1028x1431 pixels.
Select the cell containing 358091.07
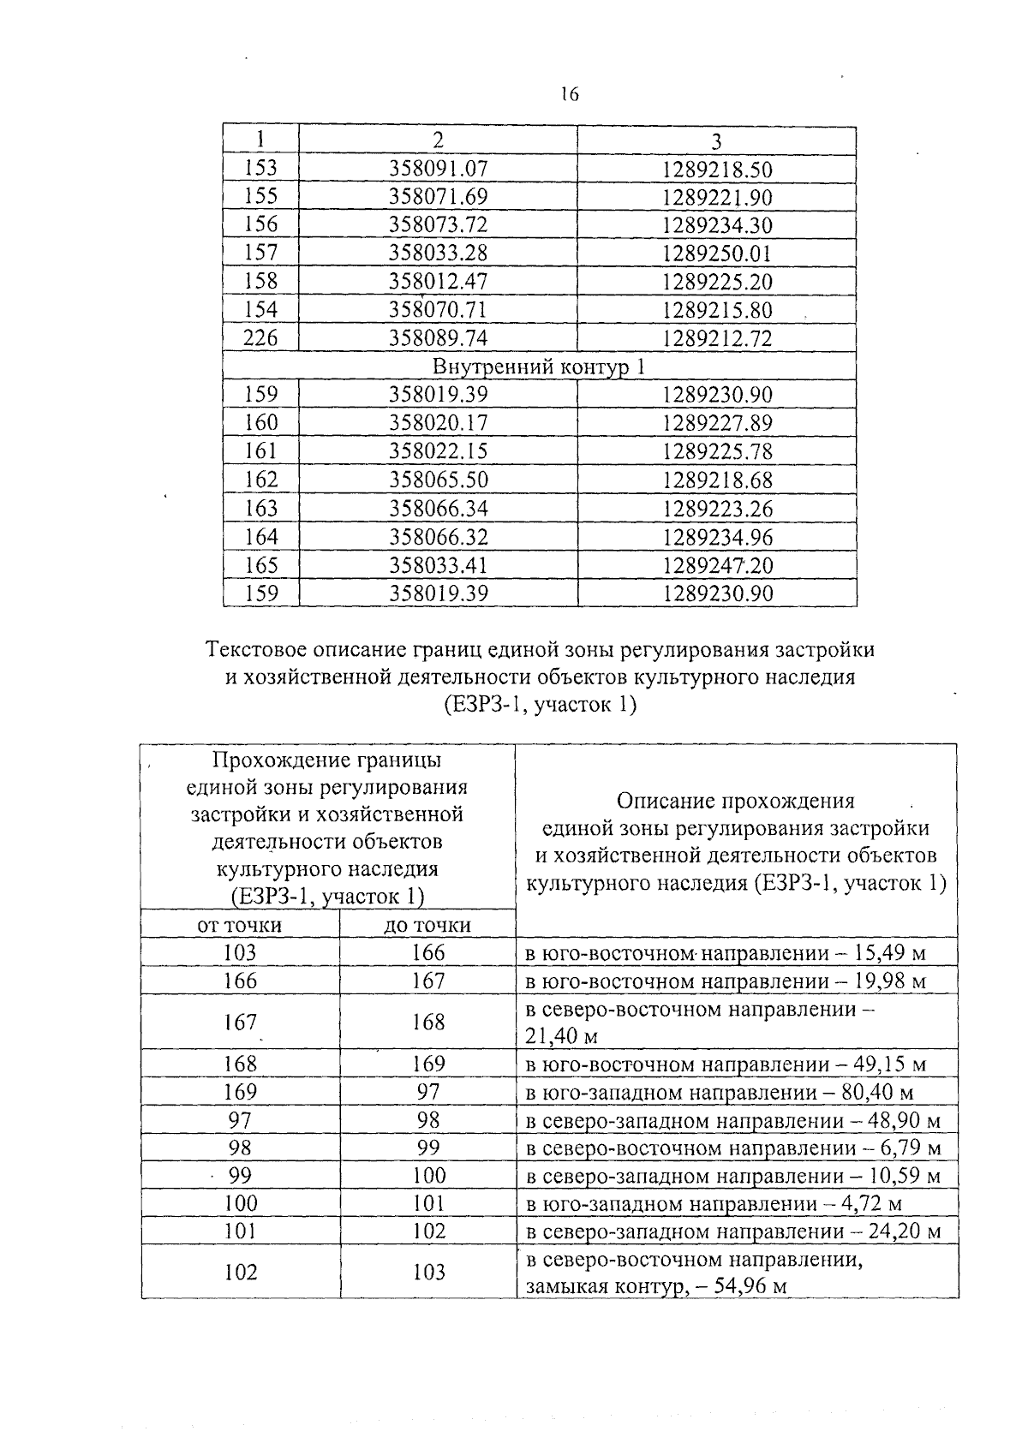(438, 170)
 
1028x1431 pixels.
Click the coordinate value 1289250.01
(717, 253)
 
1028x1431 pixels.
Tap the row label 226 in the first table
(260, 338)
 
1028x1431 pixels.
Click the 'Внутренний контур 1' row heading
(539, 367)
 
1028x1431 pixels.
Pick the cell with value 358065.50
(438, 480)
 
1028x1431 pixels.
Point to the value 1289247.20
(717, 565)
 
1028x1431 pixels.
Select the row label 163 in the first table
(260, 509)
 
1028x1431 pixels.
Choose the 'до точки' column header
(428, 926)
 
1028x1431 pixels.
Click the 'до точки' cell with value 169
(428, 1064)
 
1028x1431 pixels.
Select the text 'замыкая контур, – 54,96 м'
(656, 1286)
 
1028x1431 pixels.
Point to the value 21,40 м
(561, 1036)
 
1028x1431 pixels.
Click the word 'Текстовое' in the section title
(255, 650)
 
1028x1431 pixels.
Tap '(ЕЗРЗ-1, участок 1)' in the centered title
(540, 705)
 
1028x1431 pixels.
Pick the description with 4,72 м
(714, 1205)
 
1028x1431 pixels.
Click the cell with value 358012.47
(438, 282)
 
